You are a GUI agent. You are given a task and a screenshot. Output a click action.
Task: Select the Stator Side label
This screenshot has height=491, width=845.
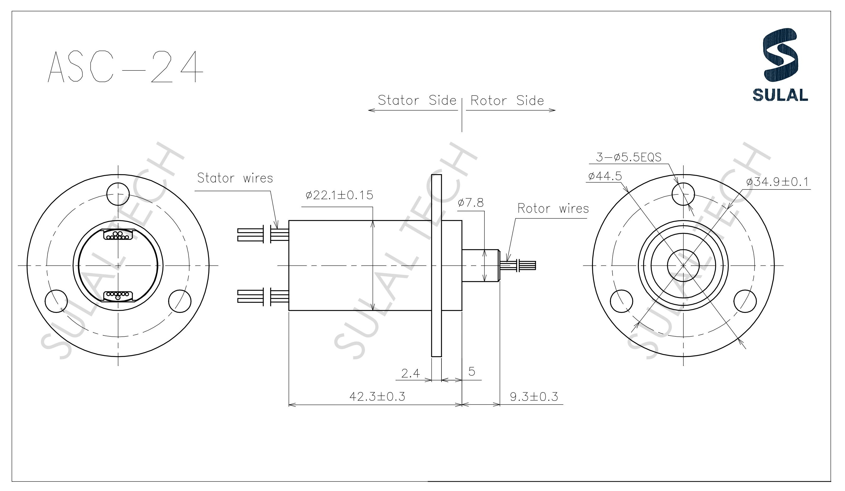click(417, 100)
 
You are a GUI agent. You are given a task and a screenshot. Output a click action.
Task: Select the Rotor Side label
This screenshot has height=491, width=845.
click(507, 101)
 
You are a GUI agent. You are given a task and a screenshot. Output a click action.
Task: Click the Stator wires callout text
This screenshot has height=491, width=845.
click(235, 178)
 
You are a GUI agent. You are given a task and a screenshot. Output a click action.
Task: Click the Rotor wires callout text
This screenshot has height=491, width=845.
click(553, 209)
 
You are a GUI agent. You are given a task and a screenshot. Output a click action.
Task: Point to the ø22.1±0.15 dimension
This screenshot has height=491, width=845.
click(339, 195)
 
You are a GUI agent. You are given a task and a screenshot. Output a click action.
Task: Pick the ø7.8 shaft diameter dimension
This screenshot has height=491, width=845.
click(470, 203)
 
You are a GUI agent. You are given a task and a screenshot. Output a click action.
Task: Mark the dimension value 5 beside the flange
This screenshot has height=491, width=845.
click(472, 371)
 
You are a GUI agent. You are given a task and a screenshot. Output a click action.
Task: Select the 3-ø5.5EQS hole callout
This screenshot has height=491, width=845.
click(628, 157)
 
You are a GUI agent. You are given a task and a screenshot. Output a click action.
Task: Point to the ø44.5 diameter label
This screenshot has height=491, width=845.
click(605, 176)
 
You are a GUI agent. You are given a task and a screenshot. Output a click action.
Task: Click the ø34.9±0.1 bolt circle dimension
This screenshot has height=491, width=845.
click(777, 182)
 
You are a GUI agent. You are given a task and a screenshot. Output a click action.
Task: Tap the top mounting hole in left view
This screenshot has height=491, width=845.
click(118, 194)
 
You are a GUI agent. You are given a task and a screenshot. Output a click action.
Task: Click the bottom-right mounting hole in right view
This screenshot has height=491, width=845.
click(745, 301)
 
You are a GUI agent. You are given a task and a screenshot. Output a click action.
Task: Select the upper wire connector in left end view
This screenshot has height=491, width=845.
click(118, 235)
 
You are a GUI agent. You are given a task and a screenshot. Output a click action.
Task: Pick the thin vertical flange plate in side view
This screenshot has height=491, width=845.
click(436, 265)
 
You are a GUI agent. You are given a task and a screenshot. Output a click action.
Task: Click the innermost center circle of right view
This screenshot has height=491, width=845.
click(683, 265)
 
